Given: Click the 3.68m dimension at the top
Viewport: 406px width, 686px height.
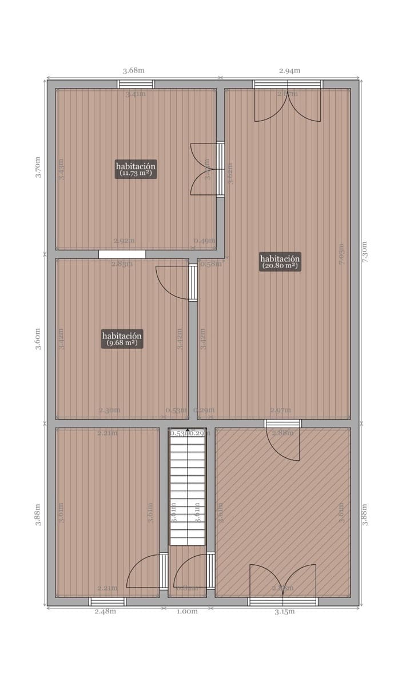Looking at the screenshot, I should click(x=134, y=70).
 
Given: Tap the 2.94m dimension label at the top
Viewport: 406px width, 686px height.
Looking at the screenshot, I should click(x=289, y=70).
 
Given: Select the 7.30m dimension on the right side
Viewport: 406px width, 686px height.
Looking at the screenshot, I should click(x=365, y=252).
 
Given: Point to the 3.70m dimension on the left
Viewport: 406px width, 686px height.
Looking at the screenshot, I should click(x=38, y=167).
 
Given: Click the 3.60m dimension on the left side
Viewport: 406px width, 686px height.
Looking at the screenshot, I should click(x=38, y=338).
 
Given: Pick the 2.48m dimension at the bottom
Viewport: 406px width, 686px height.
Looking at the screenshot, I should click(x=105, y=611).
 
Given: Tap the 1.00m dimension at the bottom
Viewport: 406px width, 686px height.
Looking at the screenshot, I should click(x=187, y=611).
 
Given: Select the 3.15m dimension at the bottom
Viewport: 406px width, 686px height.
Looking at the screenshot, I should click(x=284, y=611).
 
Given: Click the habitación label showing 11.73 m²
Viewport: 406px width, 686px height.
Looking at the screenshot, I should click(x=136, y=169).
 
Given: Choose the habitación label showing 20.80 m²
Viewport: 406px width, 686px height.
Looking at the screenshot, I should click(x=280, y=261).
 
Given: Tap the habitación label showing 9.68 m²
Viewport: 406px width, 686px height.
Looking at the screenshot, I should click(x=122, y=338).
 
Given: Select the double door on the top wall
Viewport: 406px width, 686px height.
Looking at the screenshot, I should click(x=288, y=103).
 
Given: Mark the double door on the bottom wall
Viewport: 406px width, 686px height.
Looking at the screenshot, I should click(x=282, y=583).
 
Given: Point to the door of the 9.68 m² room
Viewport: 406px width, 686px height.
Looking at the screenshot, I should click(x=174, y=283).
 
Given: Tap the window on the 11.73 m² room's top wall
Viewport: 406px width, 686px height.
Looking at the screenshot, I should click(x=136, y=84).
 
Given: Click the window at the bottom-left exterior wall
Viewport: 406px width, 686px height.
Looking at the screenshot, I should click(x=107, y=601).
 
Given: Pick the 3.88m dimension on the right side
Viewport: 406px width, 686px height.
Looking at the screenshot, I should click(x=365, y=514).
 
